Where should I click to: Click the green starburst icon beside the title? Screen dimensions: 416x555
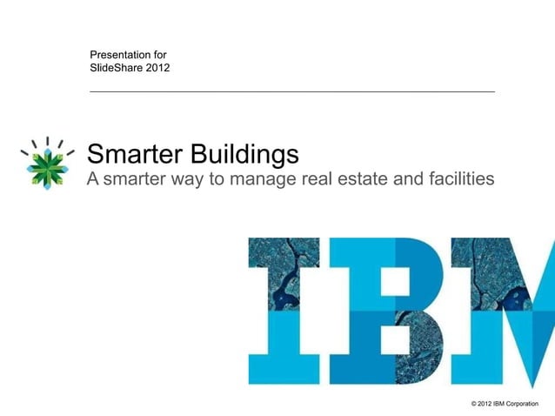pyautogui.click(x=45, y=163)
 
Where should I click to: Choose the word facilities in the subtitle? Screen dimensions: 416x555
pyautogui.click(x=464, y=179)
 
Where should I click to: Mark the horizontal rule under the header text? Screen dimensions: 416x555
pyautogui.click(x=292, y=91)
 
